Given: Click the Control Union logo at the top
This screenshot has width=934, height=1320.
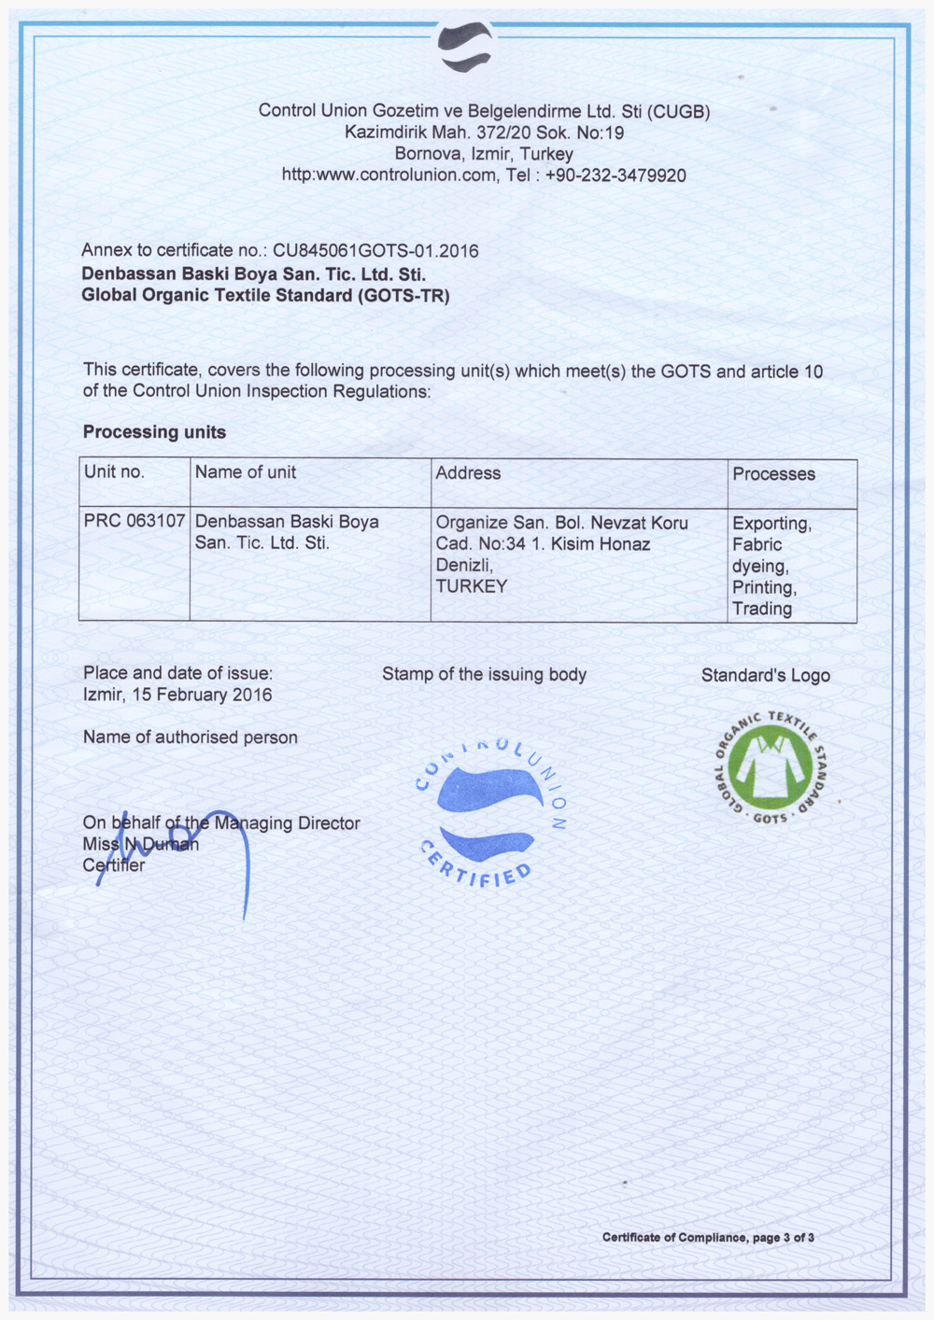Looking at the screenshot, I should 465,46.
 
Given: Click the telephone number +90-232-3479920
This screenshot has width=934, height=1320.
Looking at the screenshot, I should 616,176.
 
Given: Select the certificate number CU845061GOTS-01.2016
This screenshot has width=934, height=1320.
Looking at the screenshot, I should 375,251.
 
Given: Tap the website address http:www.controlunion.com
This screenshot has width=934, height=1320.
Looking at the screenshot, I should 389,176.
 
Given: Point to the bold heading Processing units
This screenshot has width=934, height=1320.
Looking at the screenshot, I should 154,432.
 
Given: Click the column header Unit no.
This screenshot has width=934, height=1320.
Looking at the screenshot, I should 114,472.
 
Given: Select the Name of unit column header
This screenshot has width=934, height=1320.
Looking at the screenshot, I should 245,472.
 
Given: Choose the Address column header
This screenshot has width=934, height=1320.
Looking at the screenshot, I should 468,473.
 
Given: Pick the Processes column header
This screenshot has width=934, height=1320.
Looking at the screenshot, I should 773,474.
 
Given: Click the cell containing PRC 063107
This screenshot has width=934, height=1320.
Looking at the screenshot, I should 134,521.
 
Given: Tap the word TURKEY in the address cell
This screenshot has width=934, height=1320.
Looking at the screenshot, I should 472,586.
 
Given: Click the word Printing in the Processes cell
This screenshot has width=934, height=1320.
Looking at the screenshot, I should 763,588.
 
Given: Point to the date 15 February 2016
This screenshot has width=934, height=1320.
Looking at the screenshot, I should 202,695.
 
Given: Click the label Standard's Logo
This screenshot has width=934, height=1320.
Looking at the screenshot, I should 765,676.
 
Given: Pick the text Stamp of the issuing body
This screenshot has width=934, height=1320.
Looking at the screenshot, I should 484,675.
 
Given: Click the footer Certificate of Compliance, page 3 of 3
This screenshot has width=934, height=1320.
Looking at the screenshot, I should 708,1238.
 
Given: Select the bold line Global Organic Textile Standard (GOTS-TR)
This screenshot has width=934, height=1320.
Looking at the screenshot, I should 265,296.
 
